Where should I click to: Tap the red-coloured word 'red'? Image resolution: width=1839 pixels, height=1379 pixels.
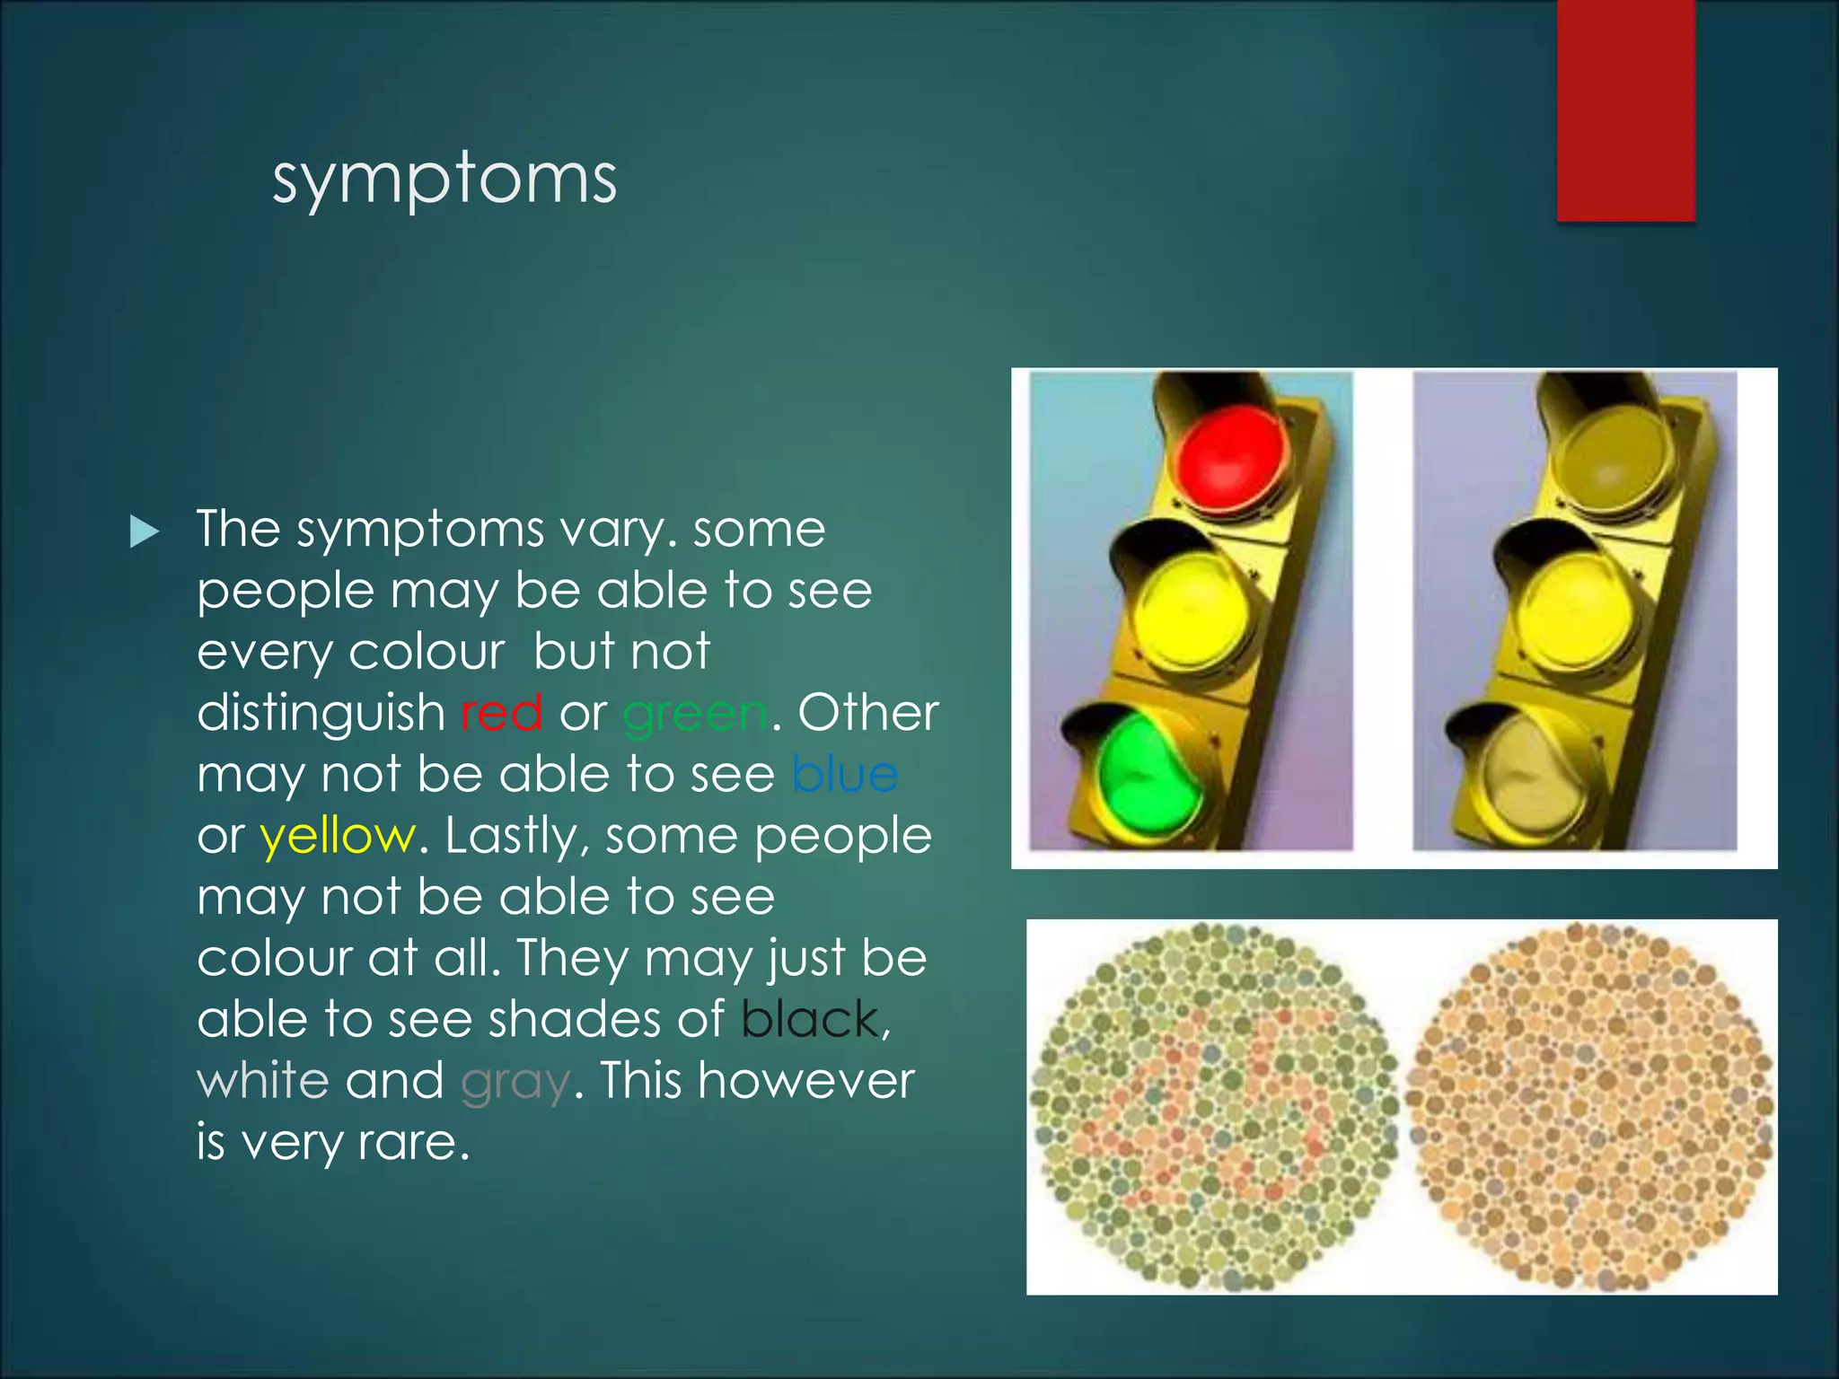(501, 714)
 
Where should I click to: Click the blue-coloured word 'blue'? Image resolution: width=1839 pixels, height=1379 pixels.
(845, 774)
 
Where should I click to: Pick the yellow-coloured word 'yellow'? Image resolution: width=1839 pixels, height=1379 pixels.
(338, 837)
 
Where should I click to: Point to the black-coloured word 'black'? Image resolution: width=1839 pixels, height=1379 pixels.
(811, 1020)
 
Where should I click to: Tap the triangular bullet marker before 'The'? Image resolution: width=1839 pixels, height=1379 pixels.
(144, 531)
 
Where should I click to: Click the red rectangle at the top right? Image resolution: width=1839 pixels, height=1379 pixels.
(1625, 110)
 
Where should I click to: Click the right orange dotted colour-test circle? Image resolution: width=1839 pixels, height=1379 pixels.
(1589, 1106)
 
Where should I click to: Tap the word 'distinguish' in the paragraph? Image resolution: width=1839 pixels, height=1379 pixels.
(321, 714)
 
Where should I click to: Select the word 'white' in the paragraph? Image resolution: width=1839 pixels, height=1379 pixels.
(262, 1081)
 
